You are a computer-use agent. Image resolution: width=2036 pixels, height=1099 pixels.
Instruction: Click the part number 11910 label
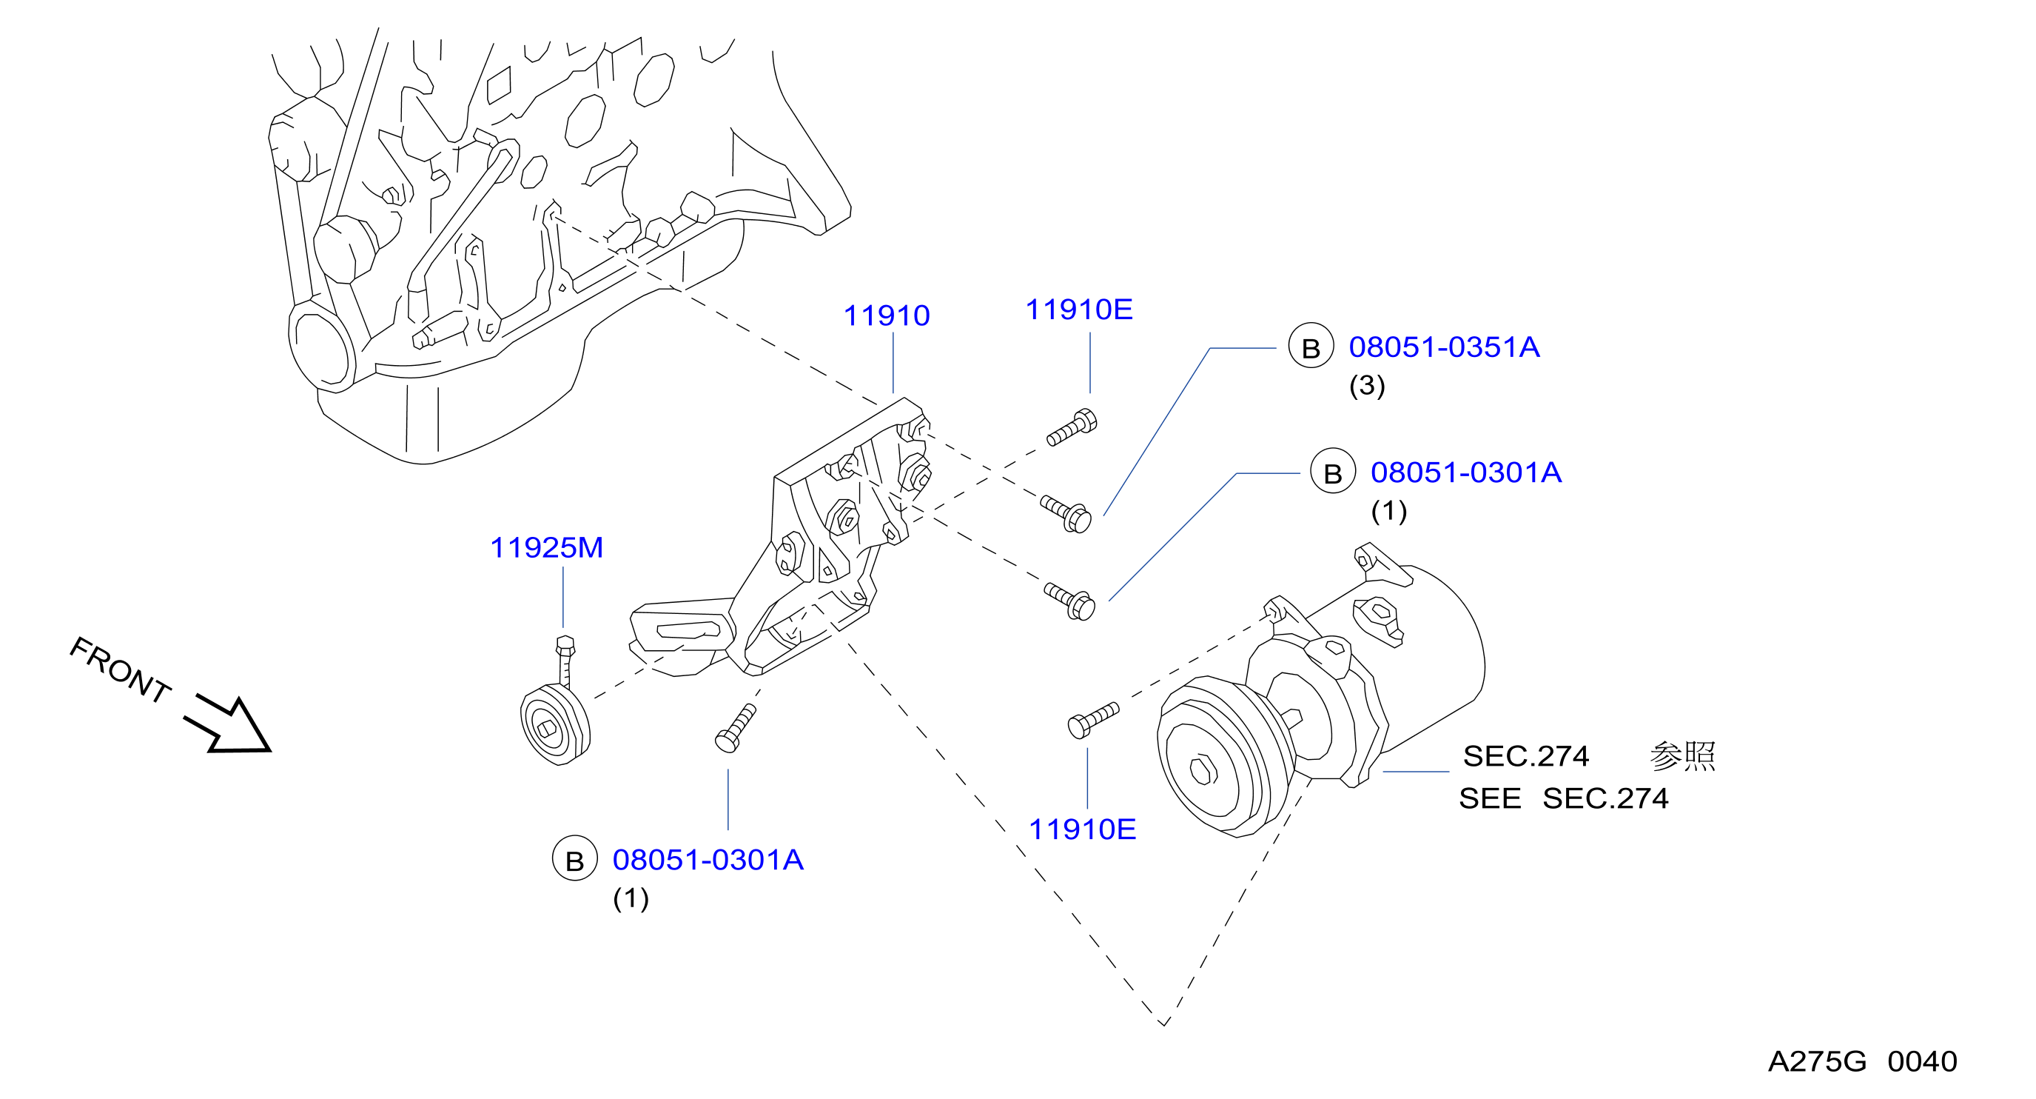point(886,315)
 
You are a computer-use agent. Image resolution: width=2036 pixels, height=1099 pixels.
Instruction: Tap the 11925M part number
point(546,547)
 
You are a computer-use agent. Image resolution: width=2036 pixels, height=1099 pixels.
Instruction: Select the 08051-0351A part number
point(1444,347)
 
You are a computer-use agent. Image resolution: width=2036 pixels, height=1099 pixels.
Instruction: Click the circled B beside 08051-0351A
point(1311,347)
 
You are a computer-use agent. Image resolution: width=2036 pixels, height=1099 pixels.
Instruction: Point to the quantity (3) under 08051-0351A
point(1366,385)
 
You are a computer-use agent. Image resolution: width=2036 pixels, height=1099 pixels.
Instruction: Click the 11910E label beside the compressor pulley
point(1082,829)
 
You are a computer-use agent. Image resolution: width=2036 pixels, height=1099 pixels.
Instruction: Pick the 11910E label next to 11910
point(1079,309)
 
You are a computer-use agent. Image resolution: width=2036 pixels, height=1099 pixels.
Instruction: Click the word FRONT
point(120,669)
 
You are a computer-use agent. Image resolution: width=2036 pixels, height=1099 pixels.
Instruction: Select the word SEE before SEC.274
point(1490,798)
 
